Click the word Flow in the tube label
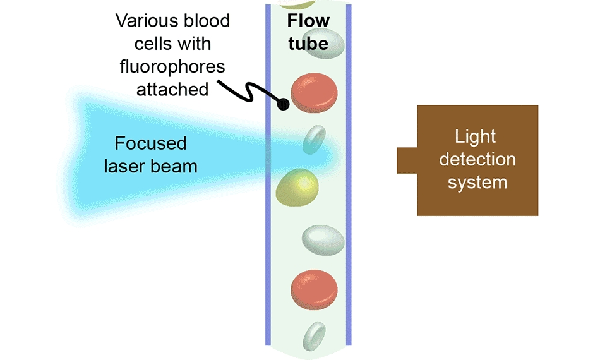pos(308,21)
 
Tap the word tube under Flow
pos(308,44)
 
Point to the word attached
pos(172,89)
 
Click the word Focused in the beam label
pos(150,143)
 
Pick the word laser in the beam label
pos(132,166)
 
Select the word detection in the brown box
pos(477,159)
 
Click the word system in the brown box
pos(477,182)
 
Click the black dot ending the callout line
pos(283,104)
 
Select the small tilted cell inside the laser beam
pos(314,140)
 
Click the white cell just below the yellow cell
pos(323,239)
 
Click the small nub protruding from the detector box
pos(407,160)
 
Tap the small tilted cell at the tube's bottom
pos(313,336)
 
